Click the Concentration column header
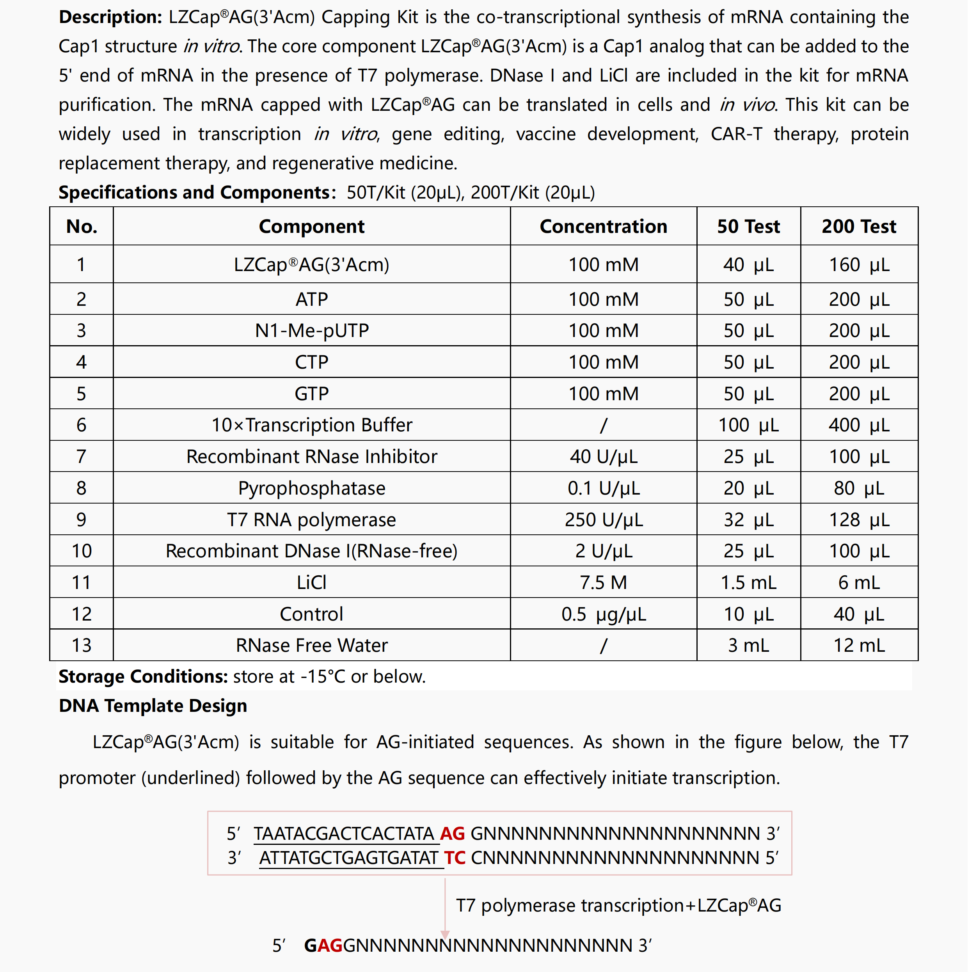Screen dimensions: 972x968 pos(603,226)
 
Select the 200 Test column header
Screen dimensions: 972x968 pos(859,226)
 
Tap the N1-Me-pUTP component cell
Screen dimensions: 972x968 pos(312,330)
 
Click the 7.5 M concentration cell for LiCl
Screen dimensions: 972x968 pos(603,583)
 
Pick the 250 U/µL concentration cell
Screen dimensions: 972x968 pos(603,520)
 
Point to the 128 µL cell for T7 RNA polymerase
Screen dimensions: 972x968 pos(859,520)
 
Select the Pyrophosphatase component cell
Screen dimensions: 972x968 pos(312,488)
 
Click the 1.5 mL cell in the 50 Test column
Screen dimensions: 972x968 pos(748,583)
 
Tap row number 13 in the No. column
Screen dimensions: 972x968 pos(82,646)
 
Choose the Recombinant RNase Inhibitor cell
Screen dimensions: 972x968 pos(312,456)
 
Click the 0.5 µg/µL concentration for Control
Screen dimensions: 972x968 pos(603,614)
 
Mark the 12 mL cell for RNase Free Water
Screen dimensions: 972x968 pos(859,646)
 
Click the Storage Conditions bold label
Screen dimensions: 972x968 pos(143,677)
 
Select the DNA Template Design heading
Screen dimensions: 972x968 pos(153,706)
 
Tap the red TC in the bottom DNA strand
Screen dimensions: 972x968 pos(455,858)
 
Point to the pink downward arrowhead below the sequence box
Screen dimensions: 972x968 pos(445,935)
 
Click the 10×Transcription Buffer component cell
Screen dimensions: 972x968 pos(312,425)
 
